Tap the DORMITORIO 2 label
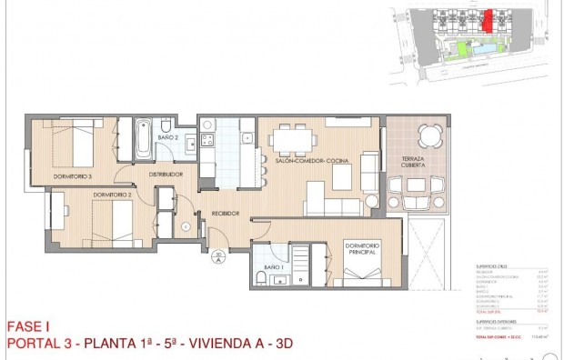point(111,194)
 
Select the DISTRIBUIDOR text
point(166,174)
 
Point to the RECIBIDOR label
point(225,214)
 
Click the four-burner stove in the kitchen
point(206,141)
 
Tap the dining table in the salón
point(292,140)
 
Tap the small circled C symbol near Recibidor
point(186,226)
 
